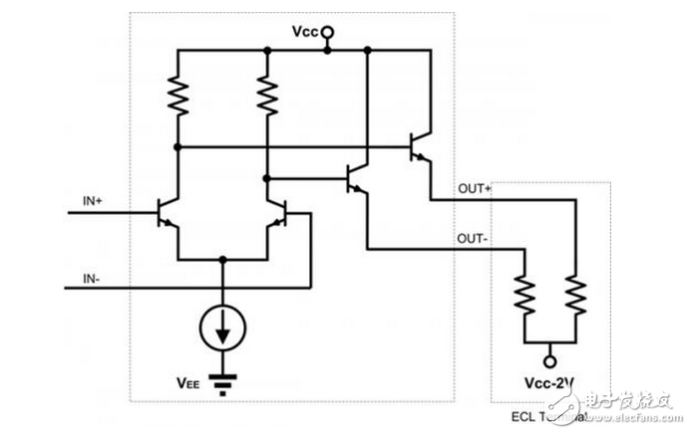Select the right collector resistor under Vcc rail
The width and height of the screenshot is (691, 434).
point(266,97)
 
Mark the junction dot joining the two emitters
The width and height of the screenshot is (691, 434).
point(222,258)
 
